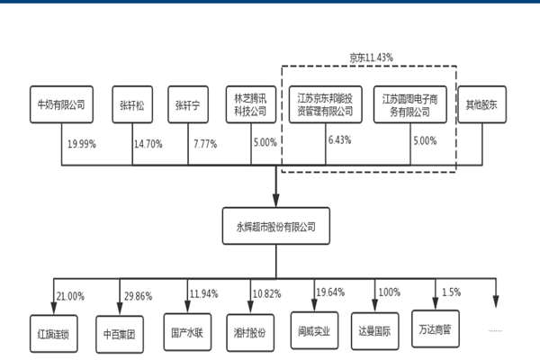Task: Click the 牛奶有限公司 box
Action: point(61,104)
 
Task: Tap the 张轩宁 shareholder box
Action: point(191,104)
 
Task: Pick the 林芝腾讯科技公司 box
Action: point(251,104)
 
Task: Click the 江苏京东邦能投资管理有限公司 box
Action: point(327,104)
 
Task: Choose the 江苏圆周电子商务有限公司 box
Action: point(409,104)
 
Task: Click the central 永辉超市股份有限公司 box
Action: point(274,221)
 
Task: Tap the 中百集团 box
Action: point(121,332)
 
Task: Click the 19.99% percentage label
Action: point(83,143)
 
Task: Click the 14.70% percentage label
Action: point(148,143)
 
